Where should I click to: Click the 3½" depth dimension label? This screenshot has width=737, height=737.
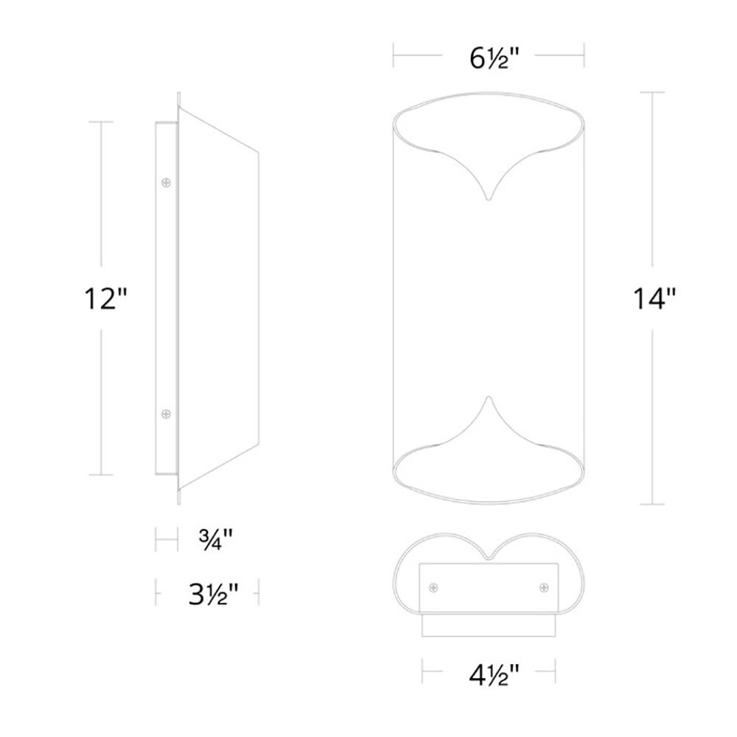(x=211, y=592)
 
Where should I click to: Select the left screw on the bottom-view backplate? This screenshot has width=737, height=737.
(x=433, y=587)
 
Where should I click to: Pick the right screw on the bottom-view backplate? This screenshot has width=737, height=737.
(x=544, y=587)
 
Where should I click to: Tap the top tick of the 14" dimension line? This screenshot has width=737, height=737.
(x=653, y=92)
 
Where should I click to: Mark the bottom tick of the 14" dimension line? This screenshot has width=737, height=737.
(x=653, y=504)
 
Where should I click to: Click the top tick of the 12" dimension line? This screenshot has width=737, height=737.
(x=101, y=122)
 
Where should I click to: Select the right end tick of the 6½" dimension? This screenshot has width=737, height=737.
(x=584, y=55)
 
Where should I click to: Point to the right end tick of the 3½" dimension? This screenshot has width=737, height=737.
(x=259, y=592)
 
